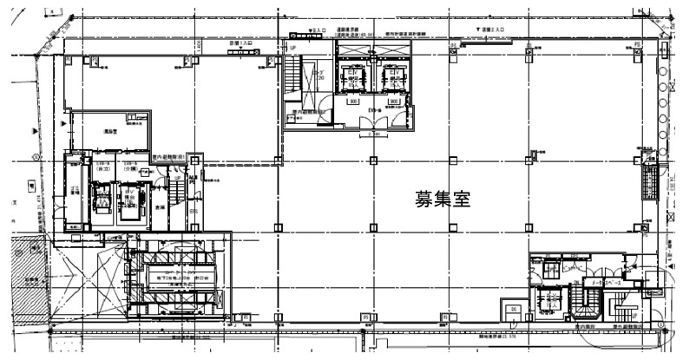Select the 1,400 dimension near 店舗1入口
197,43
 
